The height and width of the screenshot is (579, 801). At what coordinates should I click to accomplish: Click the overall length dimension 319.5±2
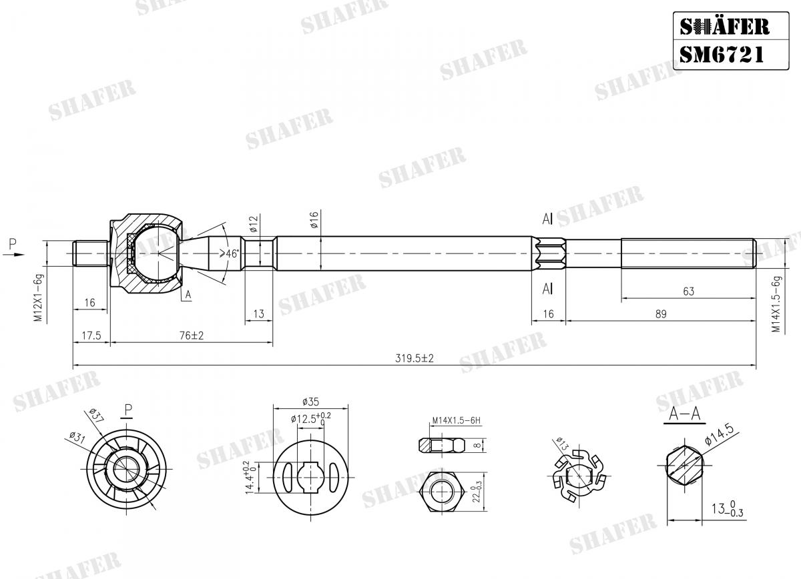click(x=414, y=358)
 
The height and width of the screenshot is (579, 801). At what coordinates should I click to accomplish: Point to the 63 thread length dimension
click(x=688, y=291)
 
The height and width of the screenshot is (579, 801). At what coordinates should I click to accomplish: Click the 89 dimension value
click(x=660, y=314)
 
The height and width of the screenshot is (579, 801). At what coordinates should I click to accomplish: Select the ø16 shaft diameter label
click(x=314, y=221)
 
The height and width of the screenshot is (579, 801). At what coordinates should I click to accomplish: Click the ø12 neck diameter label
click(x=254, y=223)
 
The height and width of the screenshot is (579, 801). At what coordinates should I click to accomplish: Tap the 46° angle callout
click(x=230, y=254)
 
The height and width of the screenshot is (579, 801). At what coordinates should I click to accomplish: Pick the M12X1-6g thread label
click(x=39, y=298)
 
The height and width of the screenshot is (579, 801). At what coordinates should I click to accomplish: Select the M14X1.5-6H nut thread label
click(x=456, y=421)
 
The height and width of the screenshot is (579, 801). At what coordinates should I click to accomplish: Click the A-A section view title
click(x=685, y=414)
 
